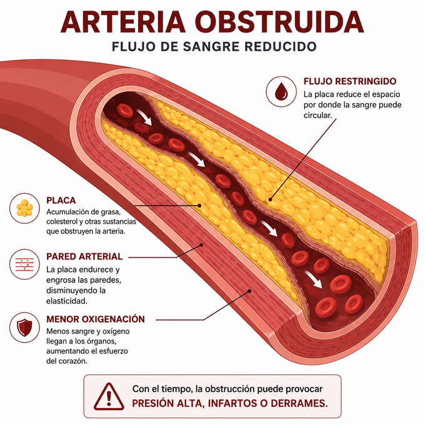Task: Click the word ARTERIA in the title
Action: (x=123, y=22)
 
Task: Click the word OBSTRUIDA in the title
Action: (x=279, y=22)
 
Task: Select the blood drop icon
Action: (x=281, y=91)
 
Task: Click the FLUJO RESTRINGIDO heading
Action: (x=349, y=81)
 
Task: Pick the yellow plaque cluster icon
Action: (x=24, y=208)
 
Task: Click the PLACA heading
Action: (x=61, y=200)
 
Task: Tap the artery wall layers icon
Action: (x=24, y=264)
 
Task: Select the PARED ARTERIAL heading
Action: (x=84, y=256)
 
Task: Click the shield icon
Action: (x=24, y=327)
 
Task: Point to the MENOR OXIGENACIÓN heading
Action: (x=96, y=319)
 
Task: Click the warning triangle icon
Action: (x=109, y=396)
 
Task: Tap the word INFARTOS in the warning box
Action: (x=231, y=403)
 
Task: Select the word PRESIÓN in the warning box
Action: (x=152, y=403)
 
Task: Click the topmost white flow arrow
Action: (x=144, y=117)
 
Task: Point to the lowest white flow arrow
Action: (x=313, y=279)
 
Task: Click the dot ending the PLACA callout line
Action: (x=199, y=206)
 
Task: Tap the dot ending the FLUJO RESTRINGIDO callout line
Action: (x=270, y=199)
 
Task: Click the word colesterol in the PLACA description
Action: (x=62, y=221)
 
